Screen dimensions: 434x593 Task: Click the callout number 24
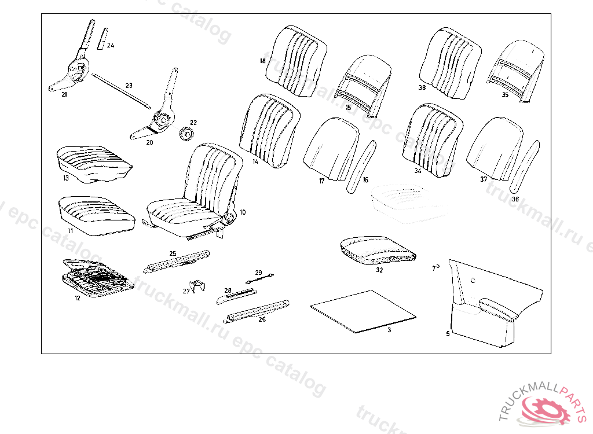click(x=111, y=45)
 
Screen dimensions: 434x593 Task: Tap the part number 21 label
click(x=64, y=94)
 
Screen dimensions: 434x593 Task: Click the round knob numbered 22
click(x=186, y=134)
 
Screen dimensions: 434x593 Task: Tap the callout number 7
click(x=434, y=268)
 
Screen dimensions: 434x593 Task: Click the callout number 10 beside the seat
click(x=243, y=212)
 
